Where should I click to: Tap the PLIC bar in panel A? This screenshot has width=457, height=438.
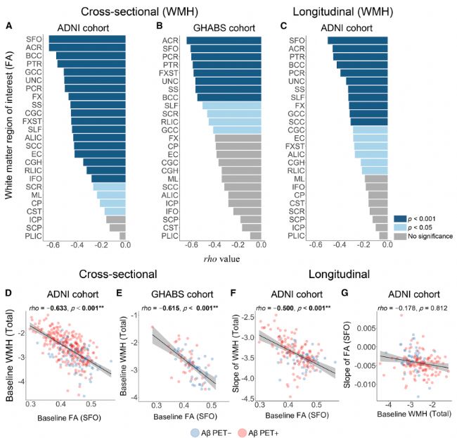(122, 237)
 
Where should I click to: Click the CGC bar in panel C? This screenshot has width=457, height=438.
(369, 130)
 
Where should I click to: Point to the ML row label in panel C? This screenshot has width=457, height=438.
(298, 179)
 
